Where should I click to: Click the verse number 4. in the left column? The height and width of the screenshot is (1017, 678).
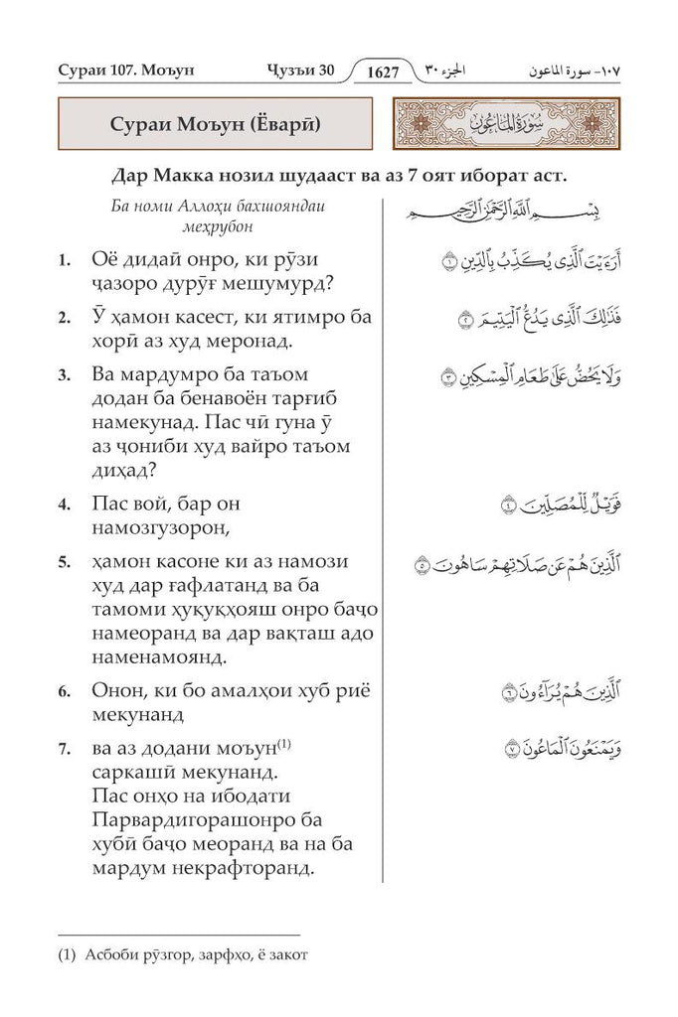64,505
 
